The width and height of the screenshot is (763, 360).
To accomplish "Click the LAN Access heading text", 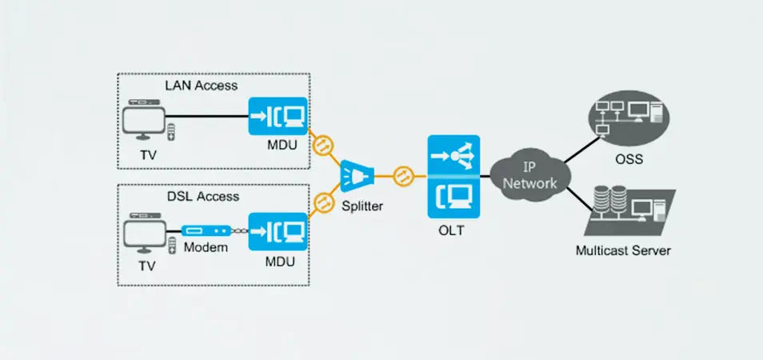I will coord(201,85).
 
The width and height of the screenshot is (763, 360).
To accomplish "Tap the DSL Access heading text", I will coord(201,196).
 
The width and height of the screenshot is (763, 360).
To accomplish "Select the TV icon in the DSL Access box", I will coord(145,233).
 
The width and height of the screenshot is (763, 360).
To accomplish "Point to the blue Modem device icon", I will coord(206,230).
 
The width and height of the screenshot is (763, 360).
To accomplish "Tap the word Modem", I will coord(206,248).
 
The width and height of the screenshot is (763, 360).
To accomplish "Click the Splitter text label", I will coord(362,206).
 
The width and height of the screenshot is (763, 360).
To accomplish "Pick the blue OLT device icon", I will coord(453,175).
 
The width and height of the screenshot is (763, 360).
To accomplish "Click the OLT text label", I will coord(453,231).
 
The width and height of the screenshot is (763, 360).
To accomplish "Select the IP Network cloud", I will coord(529,175).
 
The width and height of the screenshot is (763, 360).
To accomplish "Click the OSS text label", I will coord(629,159).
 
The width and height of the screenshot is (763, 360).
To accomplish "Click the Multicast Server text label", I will coord(623,250).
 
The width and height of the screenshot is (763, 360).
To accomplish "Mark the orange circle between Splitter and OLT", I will coord(401,175).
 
